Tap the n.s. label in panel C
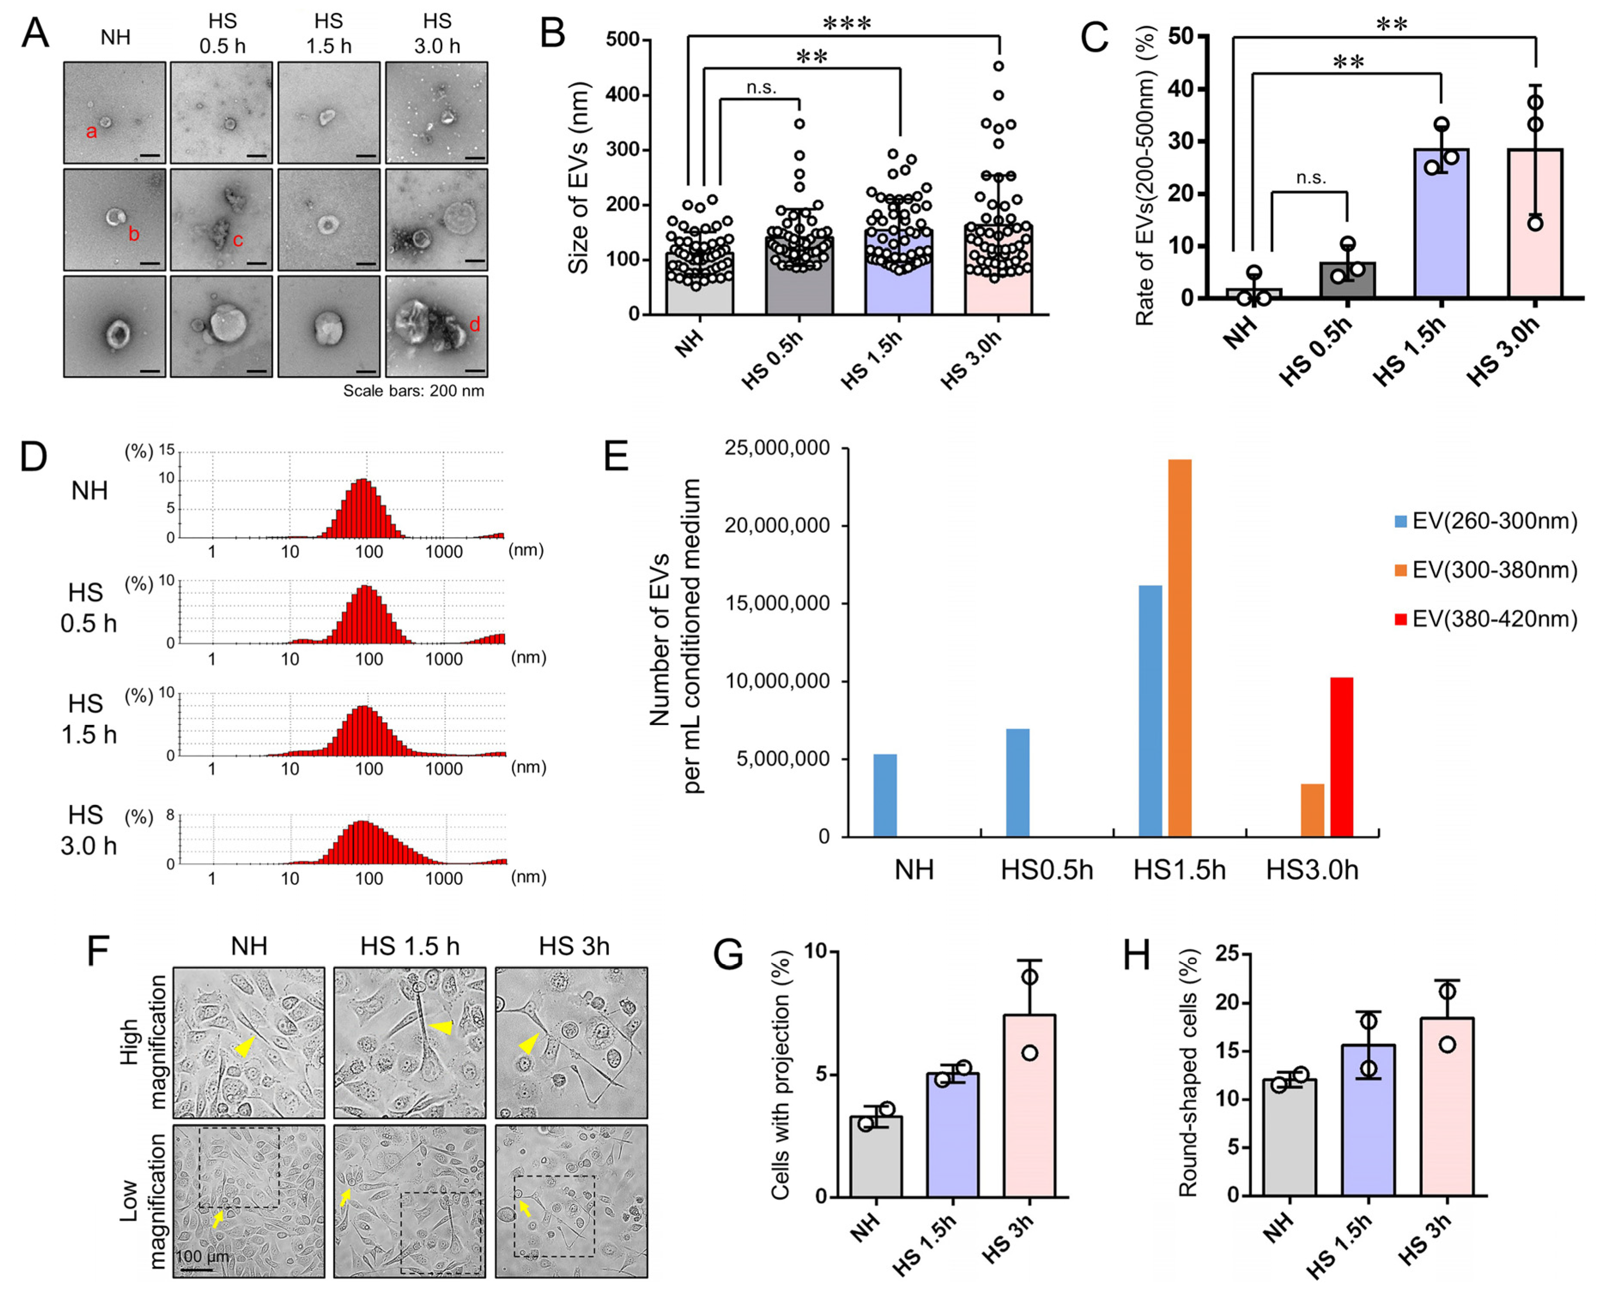(x=1311, y=178)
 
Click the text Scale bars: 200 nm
(x=414, y=391)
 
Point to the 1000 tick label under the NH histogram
(x=444, y=552)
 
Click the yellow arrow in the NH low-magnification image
(x=217, y=1219)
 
